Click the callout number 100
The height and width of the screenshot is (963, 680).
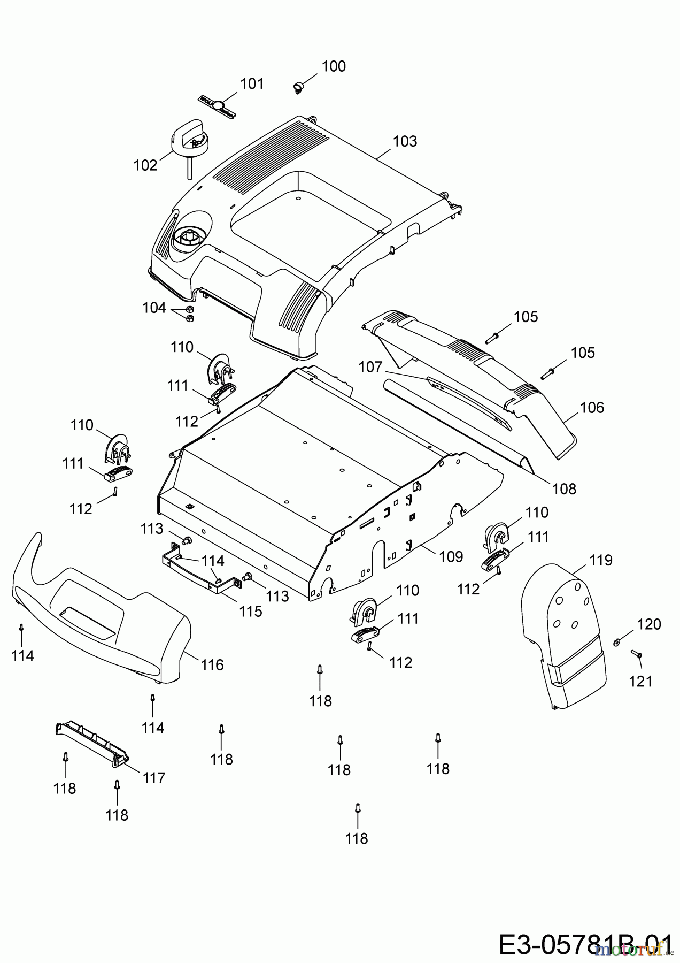click(x=334, y=66)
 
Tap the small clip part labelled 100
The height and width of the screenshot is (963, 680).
click(x=298, y=86)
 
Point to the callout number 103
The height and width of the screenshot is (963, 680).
click(x=405, y=141)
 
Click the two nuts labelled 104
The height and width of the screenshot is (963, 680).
click(x=189, y=314)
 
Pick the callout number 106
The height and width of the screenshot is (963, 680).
click(x=592, y=408)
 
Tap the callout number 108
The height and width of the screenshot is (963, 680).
click(x=565, y=488)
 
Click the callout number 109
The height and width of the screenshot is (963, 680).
click(x=451, y=556)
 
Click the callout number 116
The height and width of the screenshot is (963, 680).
click(x=212, y=665)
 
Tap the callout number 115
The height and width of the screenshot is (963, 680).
click(x=251, y=611)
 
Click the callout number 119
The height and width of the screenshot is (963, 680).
click(x=601, y=560)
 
